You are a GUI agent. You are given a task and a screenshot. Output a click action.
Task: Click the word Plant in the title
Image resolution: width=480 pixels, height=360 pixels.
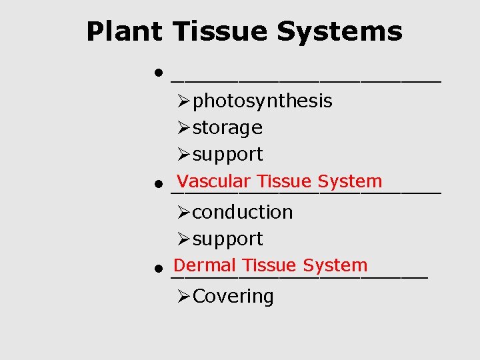point(124,31)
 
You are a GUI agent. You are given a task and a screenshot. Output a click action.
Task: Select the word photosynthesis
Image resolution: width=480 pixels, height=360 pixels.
point(262,101)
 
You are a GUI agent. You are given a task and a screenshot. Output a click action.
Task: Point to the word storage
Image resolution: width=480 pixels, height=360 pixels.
point(227,127)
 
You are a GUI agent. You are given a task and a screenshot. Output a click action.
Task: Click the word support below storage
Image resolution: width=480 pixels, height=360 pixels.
point(227,155)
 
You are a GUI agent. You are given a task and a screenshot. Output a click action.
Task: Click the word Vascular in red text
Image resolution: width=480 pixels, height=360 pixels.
point(214,181)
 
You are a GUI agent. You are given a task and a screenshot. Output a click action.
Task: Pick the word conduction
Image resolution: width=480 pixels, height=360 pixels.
point(243,212)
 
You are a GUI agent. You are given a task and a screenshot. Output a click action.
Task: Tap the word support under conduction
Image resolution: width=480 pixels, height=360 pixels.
point(227,239)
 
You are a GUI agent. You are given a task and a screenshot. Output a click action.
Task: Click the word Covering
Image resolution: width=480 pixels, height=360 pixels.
point(233,296)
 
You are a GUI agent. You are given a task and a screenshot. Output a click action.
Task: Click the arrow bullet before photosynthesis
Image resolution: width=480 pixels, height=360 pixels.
point(184,101)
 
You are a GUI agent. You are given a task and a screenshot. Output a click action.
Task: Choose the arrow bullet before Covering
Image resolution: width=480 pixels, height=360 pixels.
point(184,296)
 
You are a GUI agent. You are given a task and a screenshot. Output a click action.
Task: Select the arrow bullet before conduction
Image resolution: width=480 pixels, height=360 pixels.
point(184,212)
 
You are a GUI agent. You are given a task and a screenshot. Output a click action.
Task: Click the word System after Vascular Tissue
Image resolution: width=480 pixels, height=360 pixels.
point(350,181)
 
